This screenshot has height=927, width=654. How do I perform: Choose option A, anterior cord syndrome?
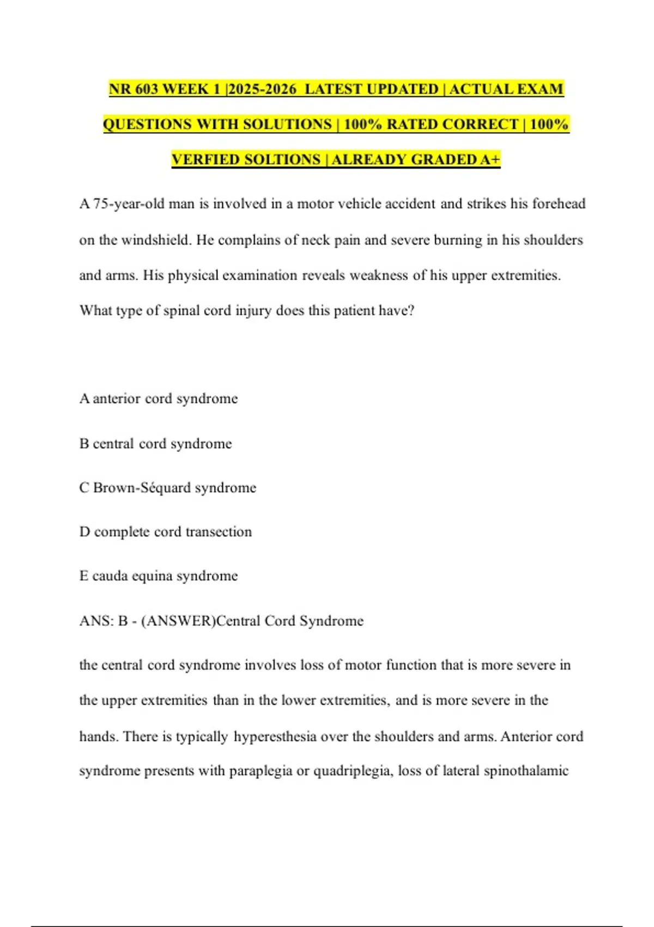(159, 399)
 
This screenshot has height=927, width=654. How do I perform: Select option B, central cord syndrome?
(156, 444)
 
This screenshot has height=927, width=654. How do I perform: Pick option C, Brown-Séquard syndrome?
(168, 487)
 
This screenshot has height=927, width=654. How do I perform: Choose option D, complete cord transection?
(166, 532)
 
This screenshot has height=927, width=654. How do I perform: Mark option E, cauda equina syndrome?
(159, 576)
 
